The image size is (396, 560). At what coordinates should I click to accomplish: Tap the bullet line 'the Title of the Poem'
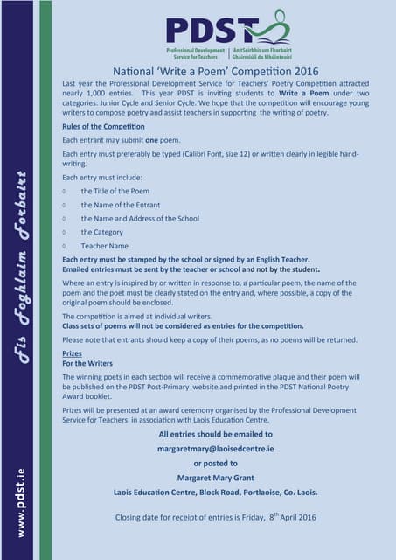pyautogui.click(x=115, y=191)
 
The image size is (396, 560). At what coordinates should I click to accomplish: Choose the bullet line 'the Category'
pyautogui.click(x=102, y=232)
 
